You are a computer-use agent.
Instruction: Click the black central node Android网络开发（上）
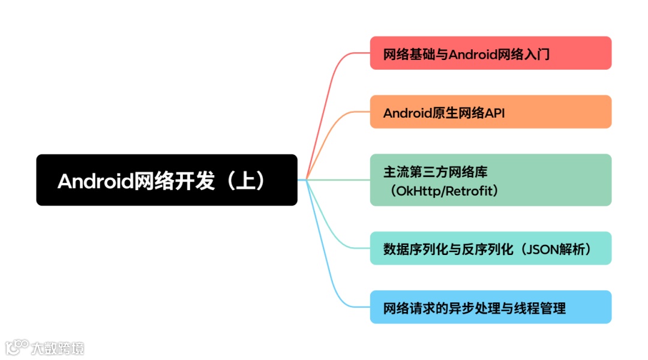(167, 180)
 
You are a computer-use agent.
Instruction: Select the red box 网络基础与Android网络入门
(490, 53)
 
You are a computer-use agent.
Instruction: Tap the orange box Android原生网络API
(490, 112)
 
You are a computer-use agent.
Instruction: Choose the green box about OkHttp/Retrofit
(490, 180)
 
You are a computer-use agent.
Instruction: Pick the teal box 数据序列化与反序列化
(490, 248)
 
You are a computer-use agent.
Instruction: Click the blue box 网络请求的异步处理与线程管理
(490, 307)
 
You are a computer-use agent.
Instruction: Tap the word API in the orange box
(494, 113)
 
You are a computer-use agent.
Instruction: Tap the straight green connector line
(336, 179)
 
